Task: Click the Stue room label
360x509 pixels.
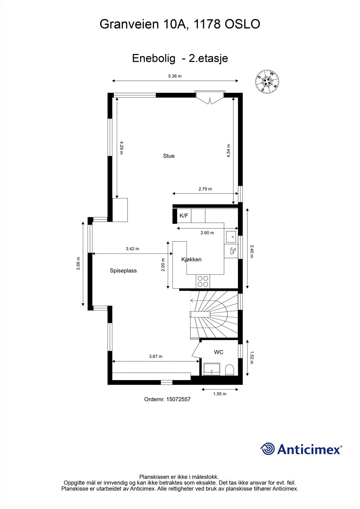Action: click(x=169, y=156)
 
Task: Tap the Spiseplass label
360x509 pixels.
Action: click(x=123, y=271)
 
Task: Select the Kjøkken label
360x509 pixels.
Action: click(x=191, y=259)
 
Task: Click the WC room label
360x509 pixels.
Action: click(x=219, y=352)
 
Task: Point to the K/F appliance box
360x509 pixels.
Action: click(x=184, y=216)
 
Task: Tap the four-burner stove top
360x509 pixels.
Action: click(x=203, y=281)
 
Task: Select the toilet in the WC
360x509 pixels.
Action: click(x=229, y=370)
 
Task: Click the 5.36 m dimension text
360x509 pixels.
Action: click(x=175, y=76)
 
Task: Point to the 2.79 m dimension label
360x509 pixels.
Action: click(x=205, y=189)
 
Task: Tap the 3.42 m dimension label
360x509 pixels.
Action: click(x=132, y=249)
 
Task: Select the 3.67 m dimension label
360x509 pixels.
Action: click(x=156, y=356)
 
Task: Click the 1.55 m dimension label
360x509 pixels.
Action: click(x=220, y=394)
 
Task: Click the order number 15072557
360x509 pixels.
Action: click(x=178, y=399)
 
